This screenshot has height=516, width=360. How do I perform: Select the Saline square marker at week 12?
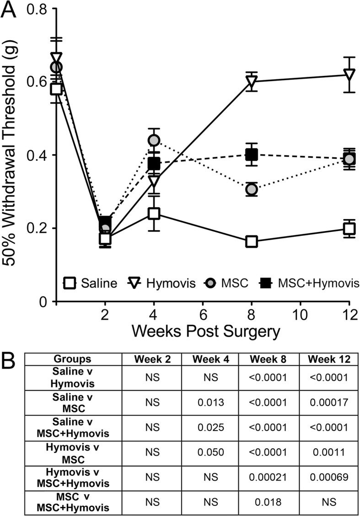tap(349, 228)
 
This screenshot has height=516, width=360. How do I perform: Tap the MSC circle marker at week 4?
tap(154, 140)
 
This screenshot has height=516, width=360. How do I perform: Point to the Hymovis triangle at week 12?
tap(349, 75)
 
